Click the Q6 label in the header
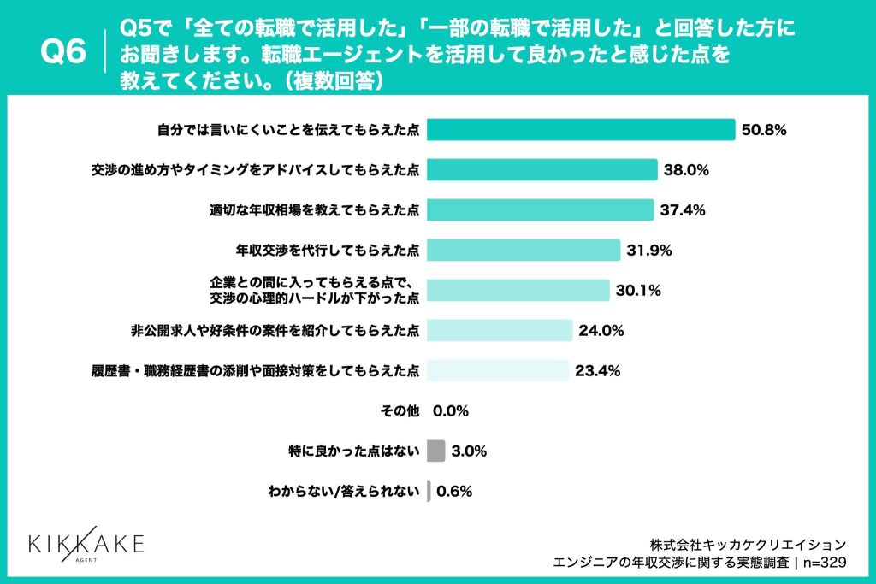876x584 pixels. pyautogui.click(x=64, y=53)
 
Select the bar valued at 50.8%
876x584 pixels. pyautogui.click(x=581, y=129)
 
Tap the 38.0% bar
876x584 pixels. pyautogui.click(x=542, y=169)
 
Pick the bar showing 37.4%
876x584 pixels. pyautogui.click(x=540, y=209)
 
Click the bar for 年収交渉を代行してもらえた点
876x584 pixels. pyautogui.click(x=523, y=250)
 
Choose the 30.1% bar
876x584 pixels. pyautogui.click(x=518, y=290)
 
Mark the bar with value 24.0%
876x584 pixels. pyautogui.click(x=499, y=330)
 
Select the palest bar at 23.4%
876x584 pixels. pyautogui.click(x=497, y=370)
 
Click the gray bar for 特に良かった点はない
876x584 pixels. pyautogui.click(x=435, y=451)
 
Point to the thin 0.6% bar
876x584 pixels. pyautogui.click(x=429, y=491)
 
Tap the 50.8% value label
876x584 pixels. pyautogui.click(x=764, y=130)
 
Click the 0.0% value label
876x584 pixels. pyautogui.click(x=451, y=411)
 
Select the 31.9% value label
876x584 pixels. pyautogui.click(x=649, y=251)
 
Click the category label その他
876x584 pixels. pyautogui.click(x=399, y=411)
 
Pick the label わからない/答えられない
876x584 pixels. pyautogui.click(x=343, y=492)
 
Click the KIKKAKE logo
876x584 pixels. pyautogui.click(x=86, y=545)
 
